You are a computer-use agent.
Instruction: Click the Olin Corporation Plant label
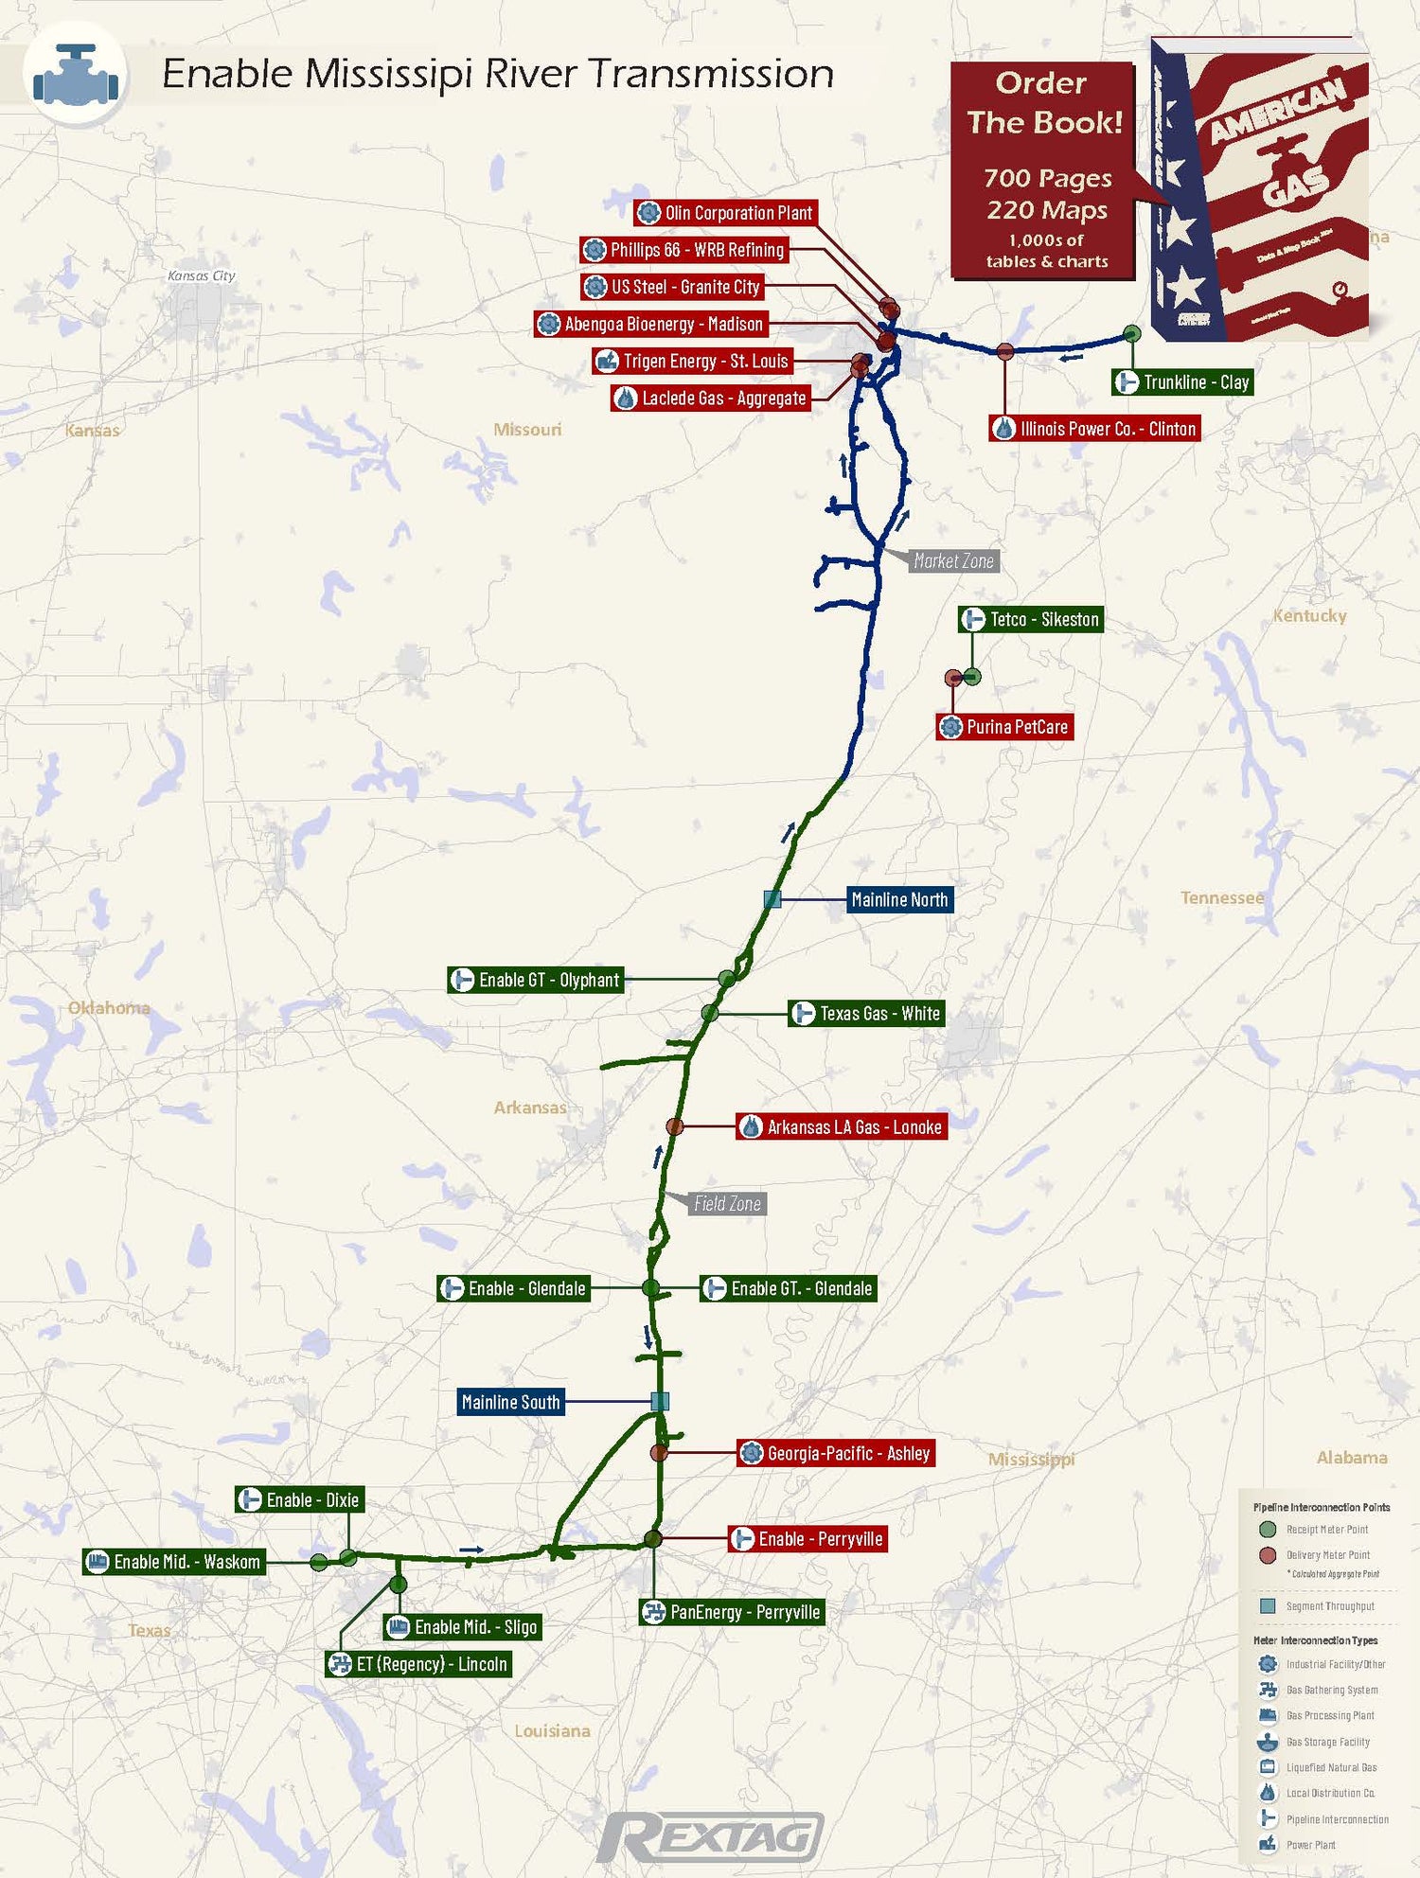pyautogui.click(x=725, y=213)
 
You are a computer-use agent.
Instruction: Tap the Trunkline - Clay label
pyautogui.click(x=1182, y=382)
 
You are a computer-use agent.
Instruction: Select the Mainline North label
pyautogui.click(x=899, y=900)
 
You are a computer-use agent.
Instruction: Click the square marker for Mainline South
pyautogui.click(x=660, y=1401)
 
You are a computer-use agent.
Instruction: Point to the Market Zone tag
pyautogui.click(x=953, y=561)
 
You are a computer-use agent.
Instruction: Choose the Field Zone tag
pyautogui.click(x=727, y=1204)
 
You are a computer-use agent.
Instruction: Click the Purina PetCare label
pyautogui.click(x=1004, y=727)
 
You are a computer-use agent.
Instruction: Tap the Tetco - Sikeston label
pyautogui.click(x=1031, y=620)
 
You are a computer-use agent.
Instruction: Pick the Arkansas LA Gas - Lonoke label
pyautogui.click(x=842, y=1127)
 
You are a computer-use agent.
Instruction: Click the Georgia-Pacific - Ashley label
pyautogui.click(x=836, y=1453)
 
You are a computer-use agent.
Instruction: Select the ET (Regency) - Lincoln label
pyautogui.click(x=418, y=1664)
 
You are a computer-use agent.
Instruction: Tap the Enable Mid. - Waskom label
pyautogui.click(x=174, y=1562)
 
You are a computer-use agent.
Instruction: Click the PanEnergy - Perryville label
pyautogui.click(x=732, y=1612)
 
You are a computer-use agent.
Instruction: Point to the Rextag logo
pyautogui.click(x=710, y=1836)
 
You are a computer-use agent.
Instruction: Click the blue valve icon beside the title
pyautogui.click(x=76, y=76)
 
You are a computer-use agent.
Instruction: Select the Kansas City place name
pyautogui.click(x=201, y=276)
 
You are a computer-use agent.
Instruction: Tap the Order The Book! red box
pyautogui.click(x=1042, y=170)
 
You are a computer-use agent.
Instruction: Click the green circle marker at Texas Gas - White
pyautogui.click(x=710, y=1013)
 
